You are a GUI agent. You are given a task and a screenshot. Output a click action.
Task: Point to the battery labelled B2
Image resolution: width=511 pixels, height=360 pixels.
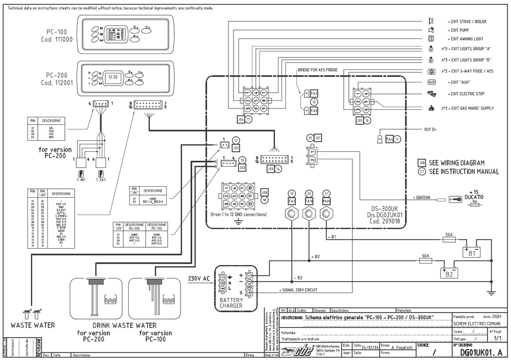pos(450,273)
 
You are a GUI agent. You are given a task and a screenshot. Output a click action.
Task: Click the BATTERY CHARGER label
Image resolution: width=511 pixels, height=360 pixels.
pos(232,303)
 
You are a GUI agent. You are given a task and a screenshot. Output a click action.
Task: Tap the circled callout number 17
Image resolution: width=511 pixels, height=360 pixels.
pos(249,120)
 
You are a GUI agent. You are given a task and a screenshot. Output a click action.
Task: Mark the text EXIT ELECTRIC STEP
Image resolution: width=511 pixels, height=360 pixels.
pos(467,94)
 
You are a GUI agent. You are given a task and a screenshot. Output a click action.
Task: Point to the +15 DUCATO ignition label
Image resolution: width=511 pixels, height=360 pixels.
pos(474,195)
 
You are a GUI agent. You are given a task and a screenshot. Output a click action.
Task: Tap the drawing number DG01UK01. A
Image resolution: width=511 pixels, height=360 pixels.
pos(477,353)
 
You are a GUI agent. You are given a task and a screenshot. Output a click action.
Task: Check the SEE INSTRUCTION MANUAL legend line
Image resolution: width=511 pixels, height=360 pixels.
pos(464,172)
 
